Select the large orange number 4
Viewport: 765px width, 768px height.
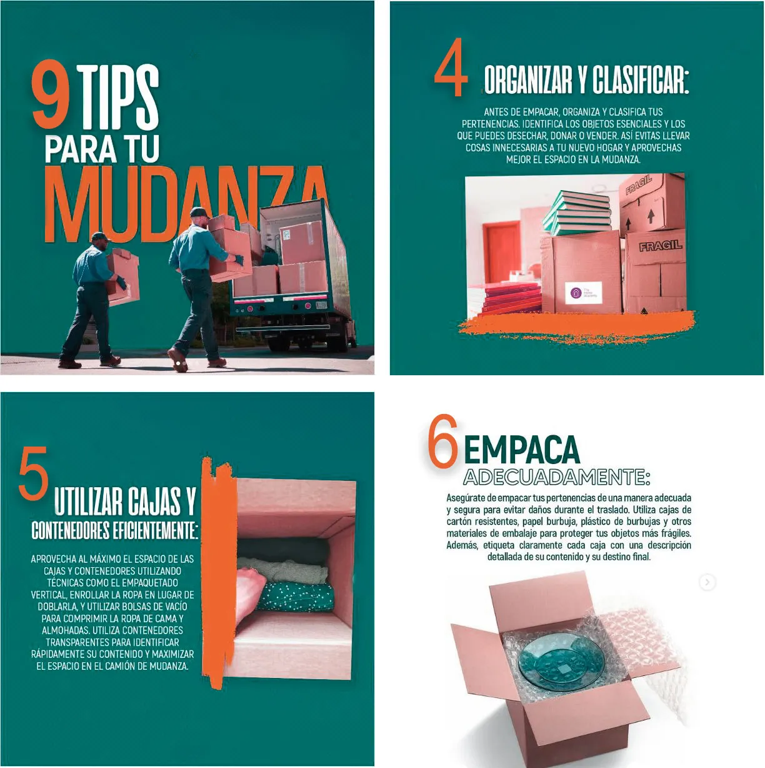[451, 67]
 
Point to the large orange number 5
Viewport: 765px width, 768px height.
[34, 473]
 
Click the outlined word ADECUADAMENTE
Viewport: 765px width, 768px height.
[557, 477]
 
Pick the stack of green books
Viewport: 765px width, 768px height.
[577, 214]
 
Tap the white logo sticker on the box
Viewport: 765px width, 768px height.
[583, 293]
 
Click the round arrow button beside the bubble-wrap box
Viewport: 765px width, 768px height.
[707, 582]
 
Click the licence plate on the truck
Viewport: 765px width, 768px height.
[321, 305]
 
